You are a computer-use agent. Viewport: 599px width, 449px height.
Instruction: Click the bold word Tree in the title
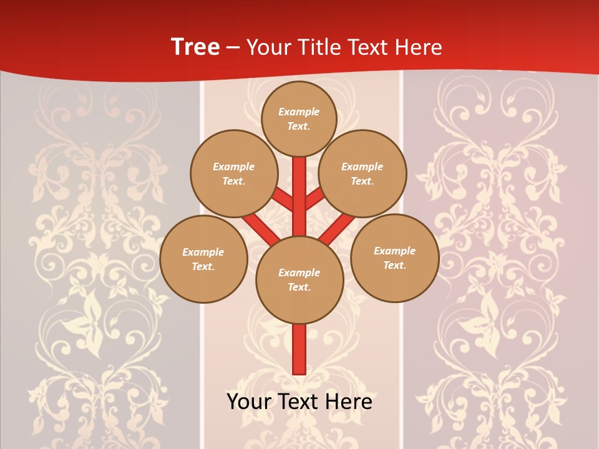pos(195,47)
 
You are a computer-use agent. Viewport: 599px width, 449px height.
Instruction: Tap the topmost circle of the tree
pos(299,118)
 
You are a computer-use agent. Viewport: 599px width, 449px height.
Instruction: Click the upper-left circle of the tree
pos(234,173)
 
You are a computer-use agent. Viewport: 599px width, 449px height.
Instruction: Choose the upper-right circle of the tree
pos(363,173)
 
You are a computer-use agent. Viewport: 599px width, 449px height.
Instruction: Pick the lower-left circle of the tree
pos(203,259)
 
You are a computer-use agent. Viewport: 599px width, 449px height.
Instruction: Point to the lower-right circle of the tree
pos(394,258)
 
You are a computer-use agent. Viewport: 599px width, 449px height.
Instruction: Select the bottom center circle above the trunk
pos(299,279)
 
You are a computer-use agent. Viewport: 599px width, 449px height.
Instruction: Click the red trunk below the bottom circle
pos(299,349)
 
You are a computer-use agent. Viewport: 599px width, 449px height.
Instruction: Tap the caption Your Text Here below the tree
pos(299,402)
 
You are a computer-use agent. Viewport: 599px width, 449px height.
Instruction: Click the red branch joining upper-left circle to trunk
pos(283,200)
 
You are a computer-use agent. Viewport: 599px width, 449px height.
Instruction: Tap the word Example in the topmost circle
pos(299,112)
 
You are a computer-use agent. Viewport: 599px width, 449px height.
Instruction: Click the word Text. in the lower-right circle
pos(394,265)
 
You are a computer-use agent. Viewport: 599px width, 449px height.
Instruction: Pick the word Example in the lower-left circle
pos(203,252)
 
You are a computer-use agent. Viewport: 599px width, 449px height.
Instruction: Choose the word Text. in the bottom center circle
pos(299,287)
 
